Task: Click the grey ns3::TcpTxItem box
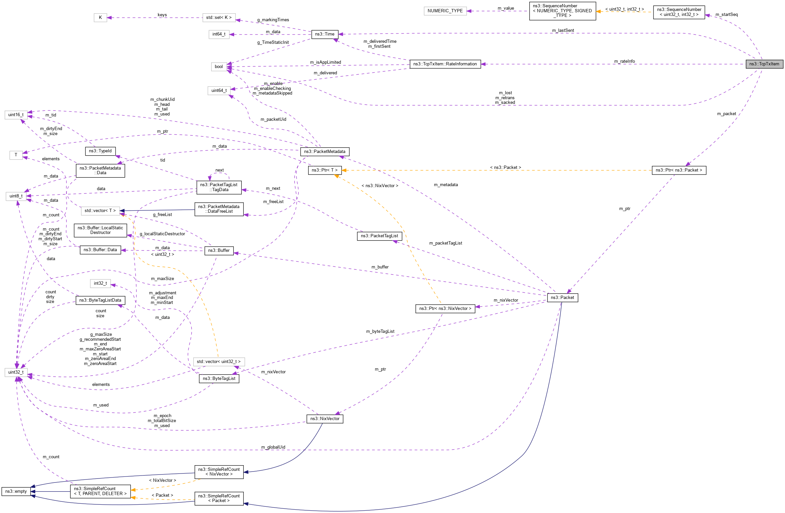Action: click(x=764, y=64)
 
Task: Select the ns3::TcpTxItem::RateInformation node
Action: click(x=445, y=64)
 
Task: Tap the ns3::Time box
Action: click(x=324, y=34)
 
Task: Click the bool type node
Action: click(x=218, y=67)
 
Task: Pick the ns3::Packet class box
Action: click(x=562, y=298)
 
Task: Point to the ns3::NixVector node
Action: click(x=325, y=419)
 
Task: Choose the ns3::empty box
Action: click(x=16, y=491)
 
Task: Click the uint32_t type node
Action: click(x=16, y=372)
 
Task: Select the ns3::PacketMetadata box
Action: click(x=324, y=152)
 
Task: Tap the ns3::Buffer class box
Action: click(x=219, y=251)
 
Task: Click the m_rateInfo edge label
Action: click(x=624, y=61)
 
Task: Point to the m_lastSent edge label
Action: click(x=563, y=31)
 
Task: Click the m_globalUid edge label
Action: click(x=273, y=447)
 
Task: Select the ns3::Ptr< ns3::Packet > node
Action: click(x=679, y=170)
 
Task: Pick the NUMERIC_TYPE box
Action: click(x=445, y=11)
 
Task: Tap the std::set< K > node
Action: click(x=219, y=18)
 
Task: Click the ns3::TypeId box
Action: click(x=100, y=151)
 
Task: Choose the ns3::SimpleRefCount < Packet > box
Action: click(x=219, y=498)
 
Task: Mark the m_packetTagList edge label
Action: click(x=446, y=243)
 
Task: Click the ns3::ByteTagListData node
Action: click(x=100, y=300)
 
